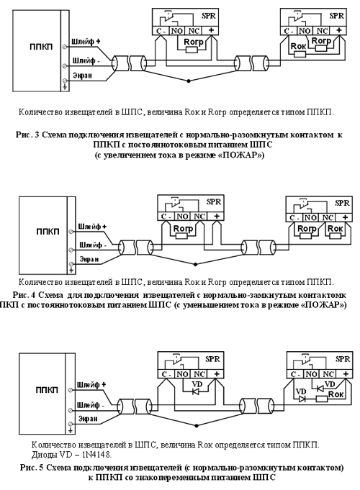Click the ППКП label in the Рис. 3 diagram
coord(41,47)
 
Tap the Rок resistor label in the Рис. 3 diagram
coord(298,46)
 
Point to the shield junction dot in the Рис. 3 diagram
coord(189,81)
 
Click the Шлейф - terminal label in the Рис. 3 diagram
coord(86,60)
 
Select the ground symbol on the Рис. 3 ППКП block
coord(65,86)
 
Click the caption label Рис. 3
coord(27,135)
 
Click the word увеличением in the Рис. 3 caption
coord(126,155)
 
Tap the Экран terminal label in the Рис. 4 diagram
coord(89,259)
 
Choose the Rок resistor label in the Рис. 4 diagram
coord(335,228)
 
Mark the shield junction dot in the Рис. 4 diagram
coord(196,264)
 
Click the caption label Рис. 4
coord(24,295)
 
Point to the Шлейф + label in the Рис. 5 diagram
coord(91,385)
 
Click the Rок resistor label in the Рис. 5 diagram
coord(336,394)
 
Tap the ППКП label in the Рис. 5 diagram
coord(47,390)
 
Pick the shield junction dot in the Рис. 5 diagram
coord(197,426)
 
